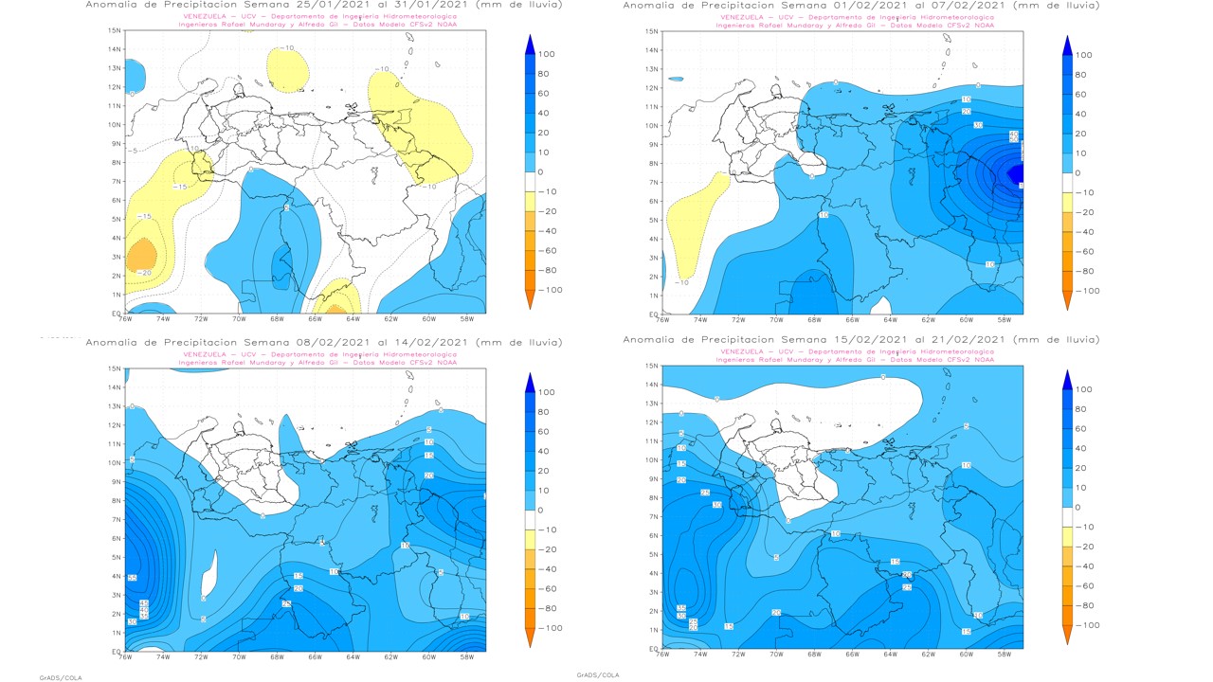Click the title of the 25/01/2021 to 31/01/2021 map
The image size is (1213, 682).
pos(323,5)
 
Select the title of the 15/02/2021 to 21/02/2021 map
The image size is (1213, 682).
pos(861,339)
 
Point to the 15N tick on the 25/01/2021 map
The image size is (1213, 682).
pos(115,30)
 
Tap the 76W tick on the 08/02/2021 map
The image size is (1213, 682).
pos(125,656)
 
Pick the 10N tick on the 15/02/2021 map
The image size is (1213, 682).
pos(651,460)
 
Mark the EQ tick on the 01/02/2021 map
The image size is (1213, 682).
pos(652,314)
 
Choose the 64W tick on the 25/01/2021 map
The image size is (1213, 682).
pos(353,320)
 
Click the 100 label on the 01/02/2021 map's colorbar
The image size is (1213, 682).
pos(1083,55)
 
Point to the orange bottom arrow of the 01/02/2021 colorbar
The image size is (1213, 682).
pos(1068,300)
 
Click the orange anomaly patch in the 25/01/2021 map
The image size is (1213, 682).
pos(140,256)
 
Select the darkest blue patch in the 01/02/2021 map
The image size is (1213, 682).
pos(1017,174)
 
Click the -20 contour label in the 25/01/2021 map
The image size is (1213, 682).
pos(144,273)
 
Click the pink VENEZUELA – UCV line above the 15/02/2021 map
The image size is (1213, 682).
pos(856,351)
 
